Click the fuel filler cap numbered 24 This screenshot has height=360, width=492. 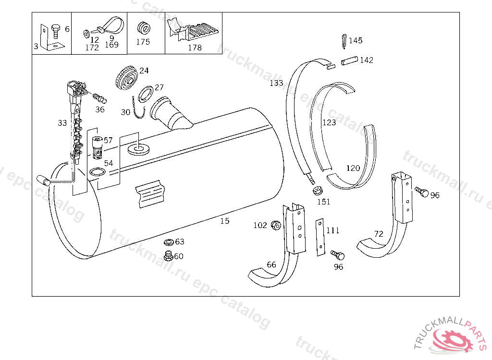[x=127, y=78]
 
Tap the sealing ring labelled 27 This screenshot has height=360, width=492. [x=145, y=94]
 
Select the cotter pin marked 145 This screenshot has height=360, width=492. [x=344, y=41]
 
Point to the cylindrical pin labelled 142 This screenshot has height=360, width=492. [x=350, y=60]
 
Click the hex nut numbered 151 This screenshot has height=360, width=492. [x=318, y=191]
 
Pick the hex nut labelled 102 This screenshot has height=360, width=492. [x=276, y=225]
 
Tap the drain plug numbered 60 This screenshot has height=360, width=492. [x=169, y=256]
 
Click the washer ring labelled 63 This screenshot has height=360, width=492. [x=169, y=242]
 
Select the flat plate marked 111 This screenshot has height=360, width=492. [x=320, y=238]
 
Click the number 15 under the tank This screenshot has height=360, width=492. [x=225, y=221]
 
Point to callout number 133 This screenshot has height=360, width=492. [x=276, y=83]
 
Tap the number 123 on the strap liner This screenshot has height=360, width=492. [x=329, y=122]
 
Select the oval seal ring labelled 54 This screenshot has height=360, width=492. [x=97, y=172]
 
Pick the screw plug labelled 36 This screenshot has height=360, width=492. [x=100, y=98]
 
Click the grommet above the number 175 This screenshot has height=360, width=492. [x=144, y=28]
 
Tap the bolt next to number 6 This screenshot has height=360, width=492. [x=56, y=31]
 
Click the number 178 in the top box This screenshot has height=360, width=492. [x=195, y=48]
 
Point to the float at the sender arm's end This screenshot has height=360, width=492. [x=44, y=180]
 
